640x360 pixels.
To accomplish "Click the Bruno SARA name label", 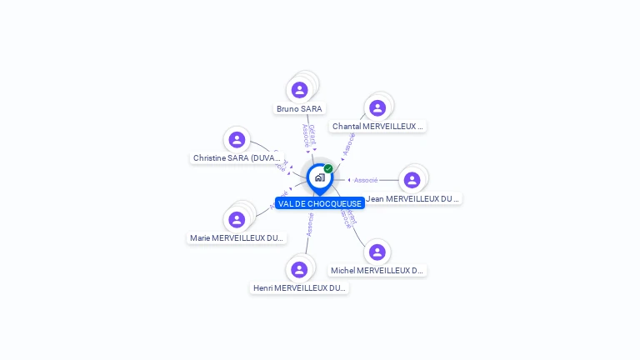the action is coord(299,108).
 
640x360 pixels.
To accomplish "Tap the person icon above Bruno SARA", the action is coord(300,89).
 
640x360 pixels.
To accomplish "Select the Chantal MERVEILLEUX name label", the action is coord(377,127).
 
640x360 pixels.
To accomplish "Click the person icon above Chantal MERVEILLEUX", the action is coord(377,107).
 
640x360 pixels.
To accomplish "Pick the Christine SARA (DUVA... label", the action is coord(237,157).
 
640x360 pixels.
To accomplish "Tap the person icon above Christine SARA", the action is coord(237,139).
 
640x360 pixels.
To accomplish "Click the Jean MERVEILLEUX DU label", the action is coord(412,199).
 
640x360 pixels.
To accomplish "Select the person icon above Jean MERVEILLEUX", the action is coord(412,180).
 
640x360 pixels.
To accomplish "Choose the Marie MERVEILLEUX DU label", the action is coord(237,238).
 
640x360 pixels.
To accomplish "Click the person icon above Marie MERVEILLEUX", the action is coord(237,219).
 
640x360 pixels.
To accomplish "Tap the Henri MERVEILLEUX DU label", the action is coord(299,288).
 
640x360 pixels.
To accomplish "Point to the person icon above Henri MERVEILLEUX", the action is coord(299,269).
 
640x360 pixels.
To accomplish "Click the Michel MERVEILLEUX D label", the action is coord(377,271).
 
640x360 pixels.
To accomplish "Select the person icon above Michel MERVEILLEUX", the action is coord(377,252).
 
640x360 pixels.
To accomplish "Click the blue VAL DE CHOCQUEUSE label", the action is coord(320,203).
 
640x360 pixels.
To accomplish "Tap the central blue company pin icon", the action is coord(319,177).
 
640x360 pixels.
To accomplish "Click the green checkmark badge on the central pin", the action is coord(328,168).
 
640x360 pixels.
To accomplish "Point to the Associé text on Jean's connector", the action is coord(366,180).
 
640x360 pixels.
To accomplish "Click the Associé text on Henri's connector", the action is coord(310,224).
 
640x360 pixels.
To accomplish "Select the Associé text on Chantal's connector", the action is coord(349,144).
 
